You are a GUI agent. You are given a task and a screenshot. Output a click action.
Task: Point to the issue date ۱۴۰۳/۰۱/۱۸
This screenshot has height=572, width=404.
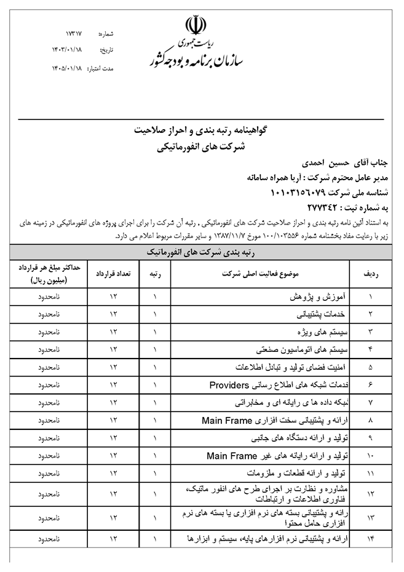point(69,49)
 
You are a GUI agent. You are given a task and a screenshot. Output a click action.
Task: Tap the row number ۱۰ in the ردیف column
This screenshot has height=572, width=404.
point(370,456)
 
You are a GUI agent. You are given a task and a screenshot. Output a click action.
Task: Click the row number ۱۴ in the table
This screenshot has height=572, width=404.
point(370,539)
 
